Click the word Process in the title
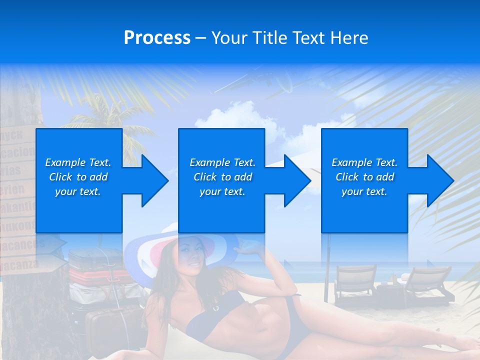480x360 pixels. pos(157,38)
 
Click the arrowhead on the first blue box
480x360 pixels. pos(150,180)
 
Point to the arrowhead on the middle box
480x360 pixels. pos(292,180)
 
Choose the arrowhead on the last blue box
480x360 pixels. pos(435,180)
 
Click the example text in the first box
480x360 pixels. pos(78,177)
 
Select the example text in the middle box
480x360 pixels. pos(222,177)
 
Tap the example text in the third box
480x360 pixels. pos(364,177)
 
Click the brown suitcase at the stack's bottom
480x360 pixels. pos(112,325)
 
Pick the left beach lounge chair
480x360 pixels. pos(354,285)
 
